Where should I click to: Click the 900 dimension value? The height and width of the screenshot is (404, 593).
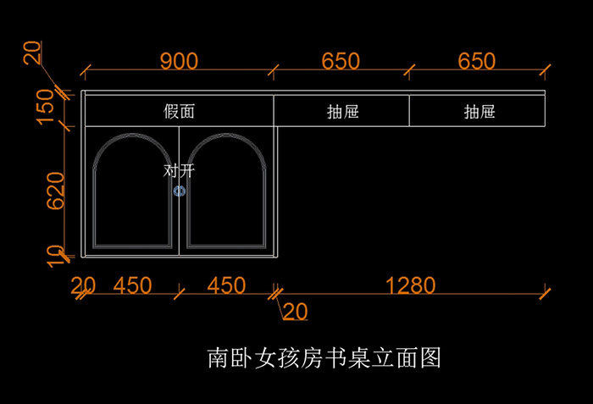click(179, 61)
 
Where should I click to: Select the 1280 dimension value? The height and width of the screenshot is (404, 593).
click(410, 285)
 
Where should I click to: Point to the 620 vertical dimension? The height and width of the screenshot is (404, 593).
click(55, 191)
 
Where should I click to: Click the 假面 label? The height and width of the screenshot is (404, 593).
click(179, 111)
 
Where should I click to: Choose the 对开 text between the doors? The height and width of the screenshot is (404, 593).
click(179, 171)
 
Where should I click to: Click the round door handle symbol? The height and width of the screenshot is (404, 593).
click(179, 191)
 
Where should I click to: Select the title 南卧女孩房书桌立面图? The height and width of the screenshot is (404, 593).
click(324, 357)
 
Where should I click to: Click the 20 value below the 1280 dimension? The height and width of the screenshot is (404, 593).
click(295, 312)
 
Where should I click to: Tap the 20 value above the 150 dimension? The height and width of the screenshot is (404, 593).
click(32, 53)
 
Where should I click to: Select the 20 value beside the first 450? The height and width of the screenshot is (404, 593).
click(82, 285)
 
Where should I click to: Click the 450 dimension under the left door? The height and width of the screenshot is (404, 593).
click(132, 285)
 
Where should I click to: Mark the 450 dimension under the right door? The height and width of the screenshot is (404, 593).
click(226, 285)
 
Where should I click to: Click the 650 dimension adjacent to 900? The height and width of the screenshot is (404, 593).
click(341, 61)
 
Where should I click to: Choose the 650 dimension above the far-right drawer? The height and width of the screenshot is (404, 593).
click(477, 61)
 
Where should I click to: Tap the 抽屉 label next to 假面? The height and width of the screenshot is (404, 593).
click(342, 111)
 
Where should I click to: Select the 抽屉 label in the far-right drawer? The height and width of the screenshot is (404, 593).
click(479, 111)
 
